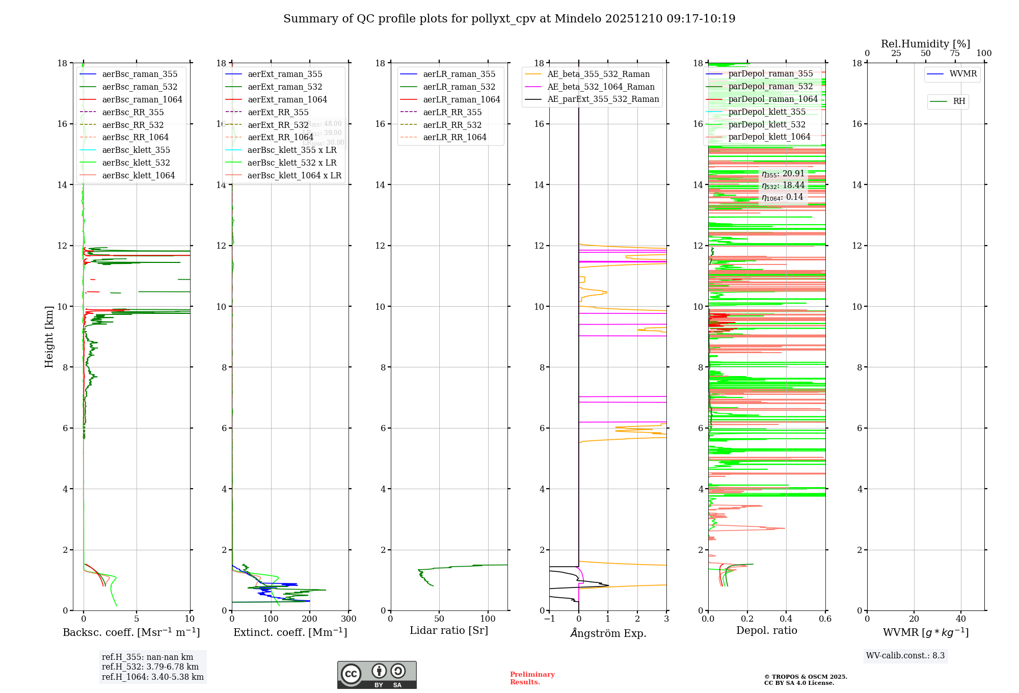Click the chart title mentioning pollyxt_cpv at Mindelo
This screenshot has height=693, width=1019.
click(x=509, y=19)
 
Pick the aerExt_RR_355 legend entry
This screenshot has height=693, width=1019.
click(x=278, y=112)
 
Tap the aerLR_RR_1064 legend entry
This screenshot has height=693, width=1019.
click(x=454, y=137)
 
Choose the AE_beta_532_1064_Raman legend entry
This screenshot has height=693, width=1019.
click(x=601, y=87)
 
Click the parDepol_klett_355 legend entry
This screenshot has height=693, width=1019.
click(x=767, y=112)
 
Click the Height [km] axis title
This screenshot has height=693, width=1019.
click(x=49, y=336)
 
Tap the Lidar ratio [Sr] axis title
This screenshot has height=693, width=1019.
click(x=449, y=630)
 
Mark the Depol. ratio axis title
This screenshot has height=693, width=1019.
click(x=766, y=630)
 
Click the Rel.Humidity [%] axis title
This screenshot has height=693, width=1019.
click(x=925, y=44)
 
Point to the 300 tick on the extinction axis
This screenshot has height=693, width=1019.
click(x=349, y=619)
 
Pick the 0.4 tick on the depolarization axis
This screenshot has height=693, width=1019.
click(x=786, y=619)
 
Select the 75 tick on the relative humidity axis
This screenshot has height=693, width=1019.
click(x=955, y=54)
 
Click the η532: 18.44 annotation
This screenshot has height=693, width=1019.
click(x=783, y=185)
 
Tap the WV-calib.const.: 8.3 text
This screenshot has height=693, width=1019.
click(x=905, y=656)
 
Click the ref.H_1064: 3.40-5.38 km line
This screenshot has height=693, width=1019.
click(x=152, y=677)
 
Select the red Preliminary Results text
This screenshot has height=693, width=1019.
click(x=532, y=678)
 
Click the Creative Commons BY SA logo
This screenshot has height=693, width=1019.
click(x=377, y=675)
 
